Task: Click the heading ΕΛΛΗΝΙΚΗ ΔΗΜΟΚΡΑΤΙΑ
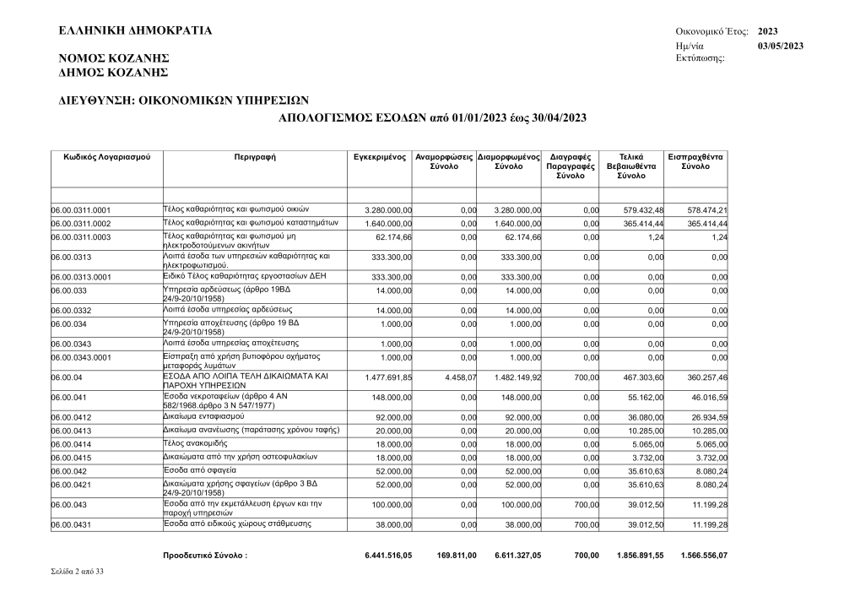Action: pos(135,31)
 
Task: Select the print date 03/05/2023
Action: pos(781,45)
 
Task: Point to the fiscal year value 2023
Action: pos(769,31)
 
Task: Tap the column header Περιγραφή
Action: pos(255,157)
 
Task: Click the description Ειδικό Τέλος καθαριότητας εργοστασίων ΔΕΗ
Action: pos(245,276)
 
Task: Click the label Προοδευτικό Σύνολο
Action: pos(205,556)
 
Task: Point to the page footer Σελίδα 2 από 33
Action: pos(78,573)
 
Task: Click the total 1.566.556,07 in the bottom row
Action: pos(704,556)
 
